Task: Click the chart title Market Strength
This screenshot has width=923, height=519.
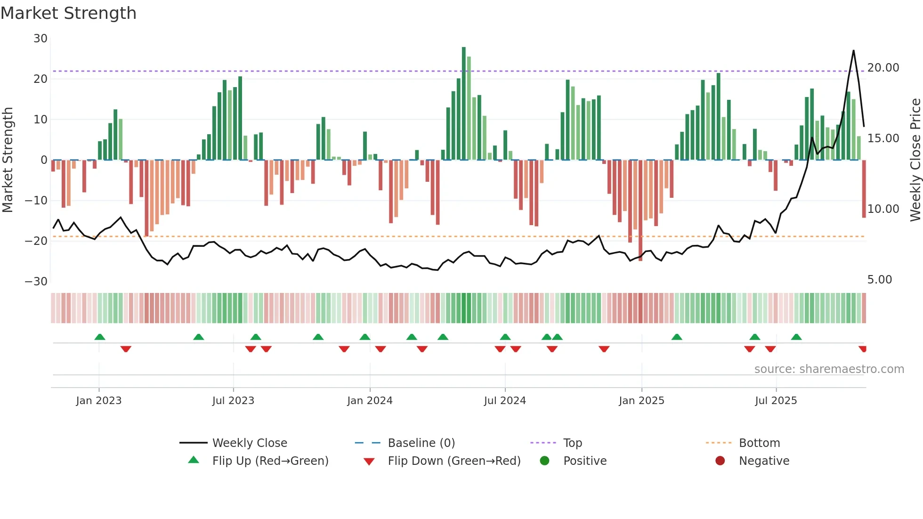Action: click(68, 13)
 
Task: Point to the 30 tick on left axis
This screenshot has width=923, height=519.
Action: click(40, 39)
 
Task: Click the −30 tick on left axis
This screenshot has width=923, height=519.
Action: click(36, 282)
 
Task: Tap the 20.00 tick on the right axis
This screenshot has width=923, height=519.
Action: click(883, 68)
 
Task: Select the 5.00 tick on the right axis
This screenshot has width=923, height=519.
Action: click(879, 280)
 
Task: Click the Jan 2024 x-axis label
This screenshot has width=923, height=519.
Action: click(370, 401)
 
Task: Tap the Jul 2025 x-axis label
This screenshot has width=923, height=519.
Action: click(776, 401)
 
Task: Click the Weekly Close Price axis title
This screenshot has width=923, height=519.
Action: click(915, 160)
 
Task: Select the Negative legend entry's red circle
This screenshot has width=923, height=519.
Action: click(720, 461)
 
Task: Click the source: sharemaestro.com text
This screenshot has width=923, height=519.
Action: click(829, 369)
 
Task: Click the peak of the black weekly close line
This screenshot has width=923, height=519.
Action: click(853, 51)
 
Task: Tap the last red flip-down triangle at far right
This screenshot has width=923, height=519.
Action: click(863, 349)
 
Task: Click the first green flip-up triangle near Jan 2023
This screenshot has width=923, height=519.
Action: click(100, 337)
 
